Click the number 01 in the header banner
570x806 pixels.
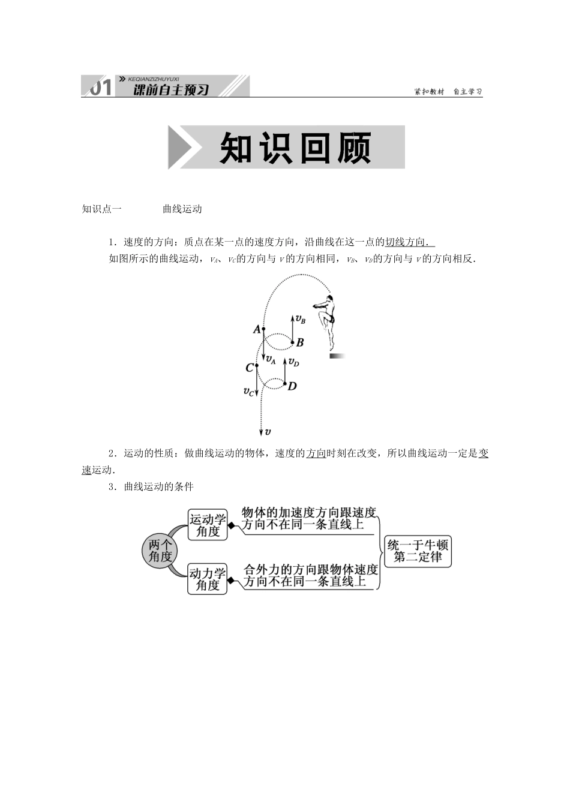pyautogui.click(x=100, y=88)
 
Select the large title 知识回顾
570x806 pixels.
pyautogui.click(x=295, y=148)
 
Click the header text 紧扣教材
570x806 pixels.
pyautogui.click(x=429, y=92)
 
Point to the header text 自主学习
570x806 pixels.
pyautogui.click(x=467, y=92)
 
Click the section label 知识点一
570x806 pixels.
pyautogui.click(x=101, y=209)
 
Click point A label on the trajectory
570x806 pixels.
pyautogui.click(x=257, y=329)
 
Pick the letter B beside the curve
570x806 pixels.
pyautogui.click(x=300, y=342)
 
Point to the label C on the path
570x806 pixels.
pyautogui.click(x=249, y=368)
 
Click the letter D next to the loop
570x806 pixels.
pyautogui.click(x=292, y=386)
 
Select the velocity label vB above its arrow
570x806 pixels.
pyautogui.click(x=301, y=320)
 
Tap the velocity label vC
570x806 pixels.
pyautogui.click(x=248, y=392)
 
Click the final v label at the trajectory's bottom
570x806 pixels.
pyautogui.click(x=268, y=431)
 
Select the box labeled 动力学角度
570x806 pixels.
pyautogui.click(x=208, y=579)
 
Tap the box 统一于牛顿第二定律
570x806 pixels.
pyautogui.click(x=418, y=551)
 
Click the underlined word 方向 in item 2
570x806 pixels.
pyautogui.click(x=316, y=453)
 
